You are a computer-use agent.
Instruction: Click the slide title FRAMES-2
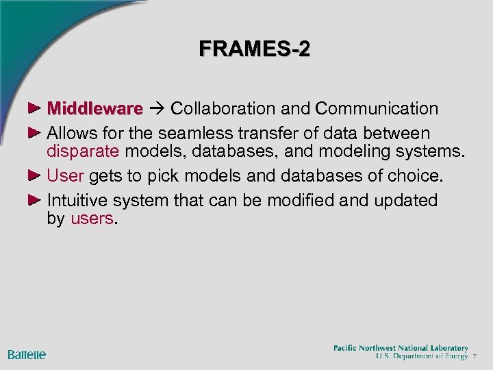click(x=255, y=49)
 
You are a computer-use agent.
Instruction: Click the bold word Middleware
click(x=95, y=108)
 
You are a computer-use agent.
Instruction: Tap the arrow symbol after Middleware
click(x=157, y=109)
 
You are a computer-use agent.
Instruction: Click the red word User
click(x=65, y=176)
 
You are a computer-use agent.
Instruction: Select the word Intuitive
click(x=79, y=200)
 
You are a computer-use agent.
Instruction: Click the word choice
click(x=416, y=176)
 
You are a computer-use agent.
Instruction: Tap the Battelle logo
click(x=27, y=354)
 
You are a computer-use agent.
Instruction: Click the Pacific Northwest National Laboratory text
click(x=401, y=348)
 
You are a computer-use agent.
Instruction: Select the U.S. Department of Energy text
click(x=422, y=356)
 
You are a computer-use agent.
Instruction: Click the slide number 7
click(x=475, y=357)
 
